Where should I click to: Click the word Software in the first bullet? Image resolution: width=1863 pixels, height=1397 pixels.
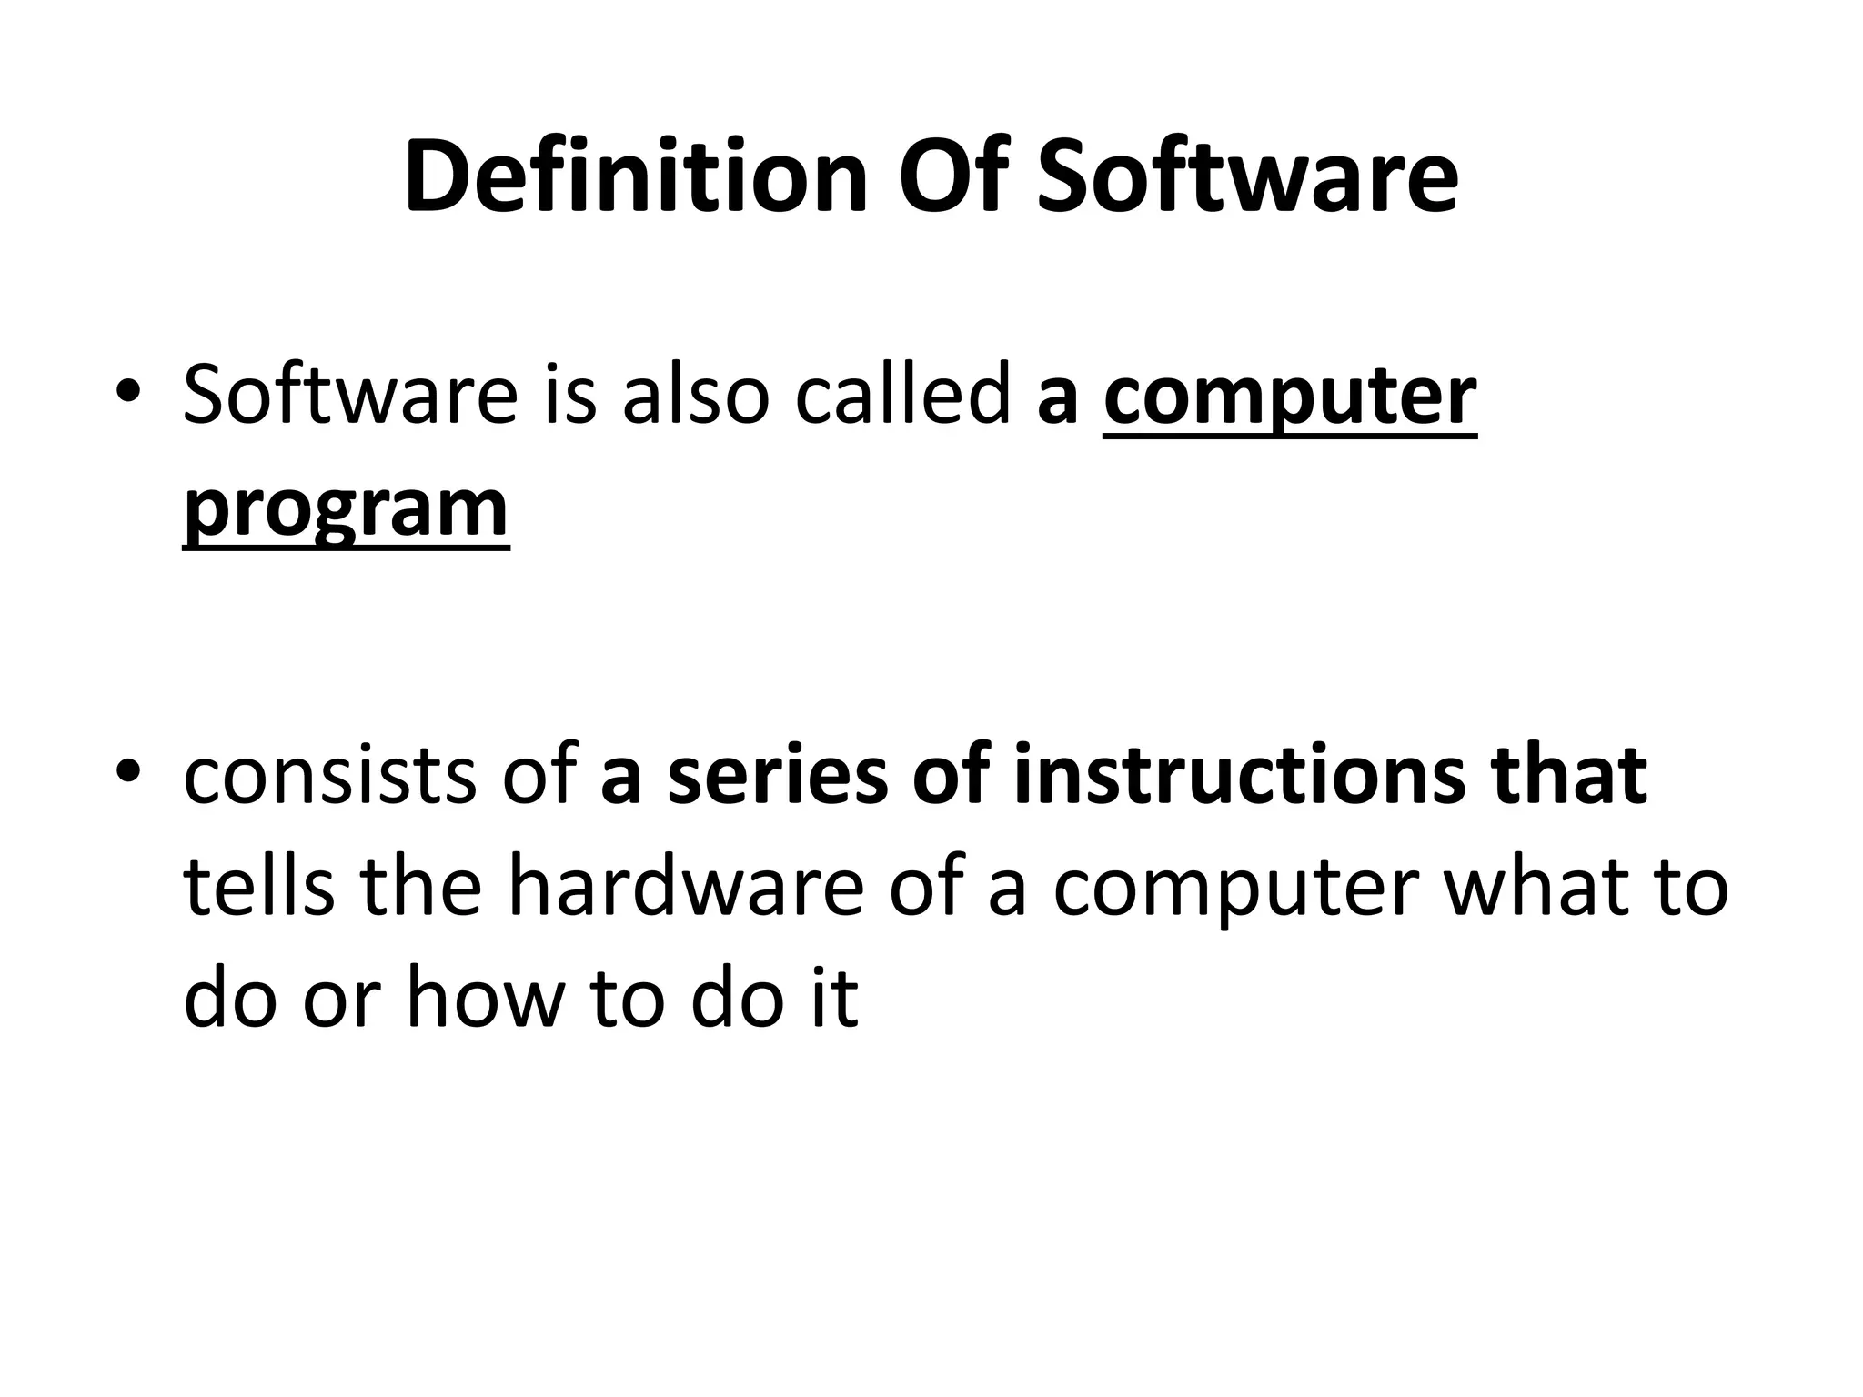[x=350, y=396]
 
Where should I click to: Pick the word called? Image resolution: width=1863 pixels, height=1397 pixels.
[x=902, y=396]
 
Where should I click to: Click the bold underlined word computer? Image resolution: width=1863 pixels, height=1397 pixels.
[x=1290, y=397]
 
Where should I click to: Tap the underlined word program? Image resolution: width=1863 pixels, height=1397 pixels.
[x=346, y=509]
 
